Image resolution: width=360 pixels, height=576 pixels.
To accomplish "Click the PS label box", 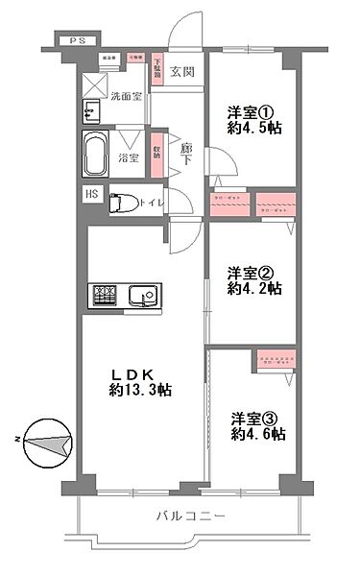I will [74, 41].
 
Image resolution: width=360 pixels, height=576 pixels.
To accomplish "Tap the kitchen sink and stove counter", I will [122, 297].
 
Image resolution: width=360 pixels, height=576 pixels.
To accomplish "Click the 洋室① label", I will [252, 110].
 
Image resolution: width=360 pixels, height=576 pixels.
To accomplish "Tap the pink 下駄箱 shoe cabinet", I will [157, 71].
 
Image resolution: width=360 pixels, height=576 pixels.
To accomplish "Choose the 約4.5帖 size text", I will [252, 127].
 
